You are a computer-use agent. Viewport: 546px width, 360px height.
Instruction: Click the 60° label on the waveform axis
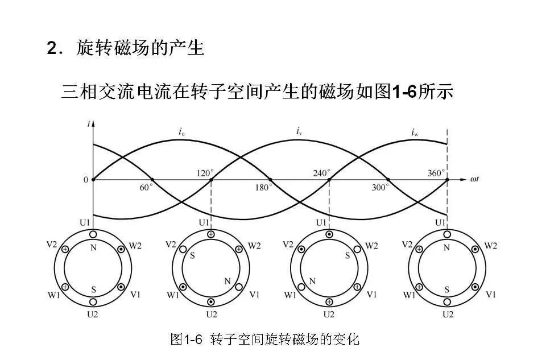[147, 187]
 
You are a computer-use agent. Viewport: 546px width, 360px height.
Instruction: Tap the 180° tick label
[263, 187]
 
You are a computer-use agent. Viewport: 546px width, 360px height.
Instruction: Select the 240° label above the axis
[322, 173]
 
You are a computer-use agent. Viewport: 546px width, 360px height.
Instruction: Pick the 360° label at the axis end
[437, 173]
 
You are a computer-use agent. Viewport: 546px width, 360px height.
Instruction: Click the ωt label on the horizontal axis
[475, 180]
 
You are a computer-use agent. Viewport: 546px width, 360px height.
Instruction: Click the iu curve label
[181, 133]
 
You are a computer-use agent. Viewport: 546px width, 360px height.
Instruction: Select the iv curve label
[299, 132]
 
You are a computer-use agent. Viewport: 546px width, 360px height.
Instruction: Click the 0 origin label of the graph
[86, 180]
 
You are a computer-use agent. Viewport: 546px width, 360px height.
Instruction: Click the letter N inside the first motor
[93, 247]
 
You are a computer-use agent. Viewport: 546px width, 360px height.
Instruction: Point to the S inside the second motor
[192, 256]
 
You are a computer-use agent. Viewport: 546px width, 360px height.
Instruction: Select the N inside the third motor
[312, 281]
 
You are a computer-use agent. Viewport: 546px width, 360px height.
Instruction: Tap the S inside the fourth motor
[448, 289]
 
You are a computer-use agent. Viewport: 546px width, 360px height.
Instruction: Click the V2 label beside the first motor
[52, 245]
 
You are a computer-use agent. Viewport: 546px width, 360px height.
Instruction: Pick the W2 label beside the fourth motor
[490, 246]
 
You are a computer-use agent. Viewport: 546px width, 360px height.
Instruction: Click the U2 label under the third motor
[329, 313]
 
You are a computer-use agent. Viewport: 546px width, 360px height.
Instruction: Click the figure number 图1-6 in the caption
[187, 340]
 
